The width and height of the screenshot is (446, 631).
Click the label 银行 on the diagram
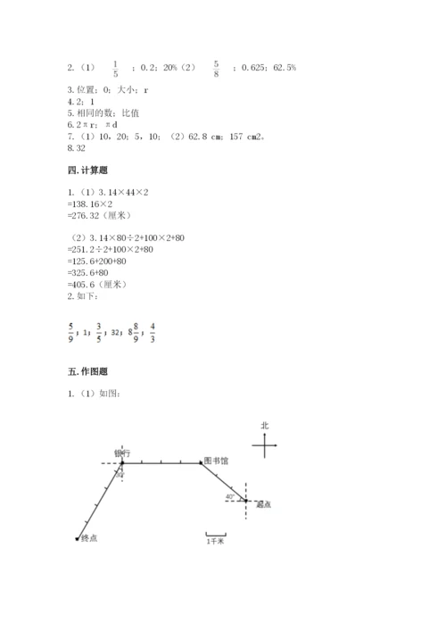[x=123, y=452]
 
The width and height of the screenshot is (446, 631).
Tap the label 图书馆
[x=217, y=461]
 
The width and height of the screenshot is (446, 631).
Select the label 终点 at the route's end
[x=89, y=538]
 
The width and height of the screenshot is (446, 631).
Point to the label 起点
[x=262, y=504]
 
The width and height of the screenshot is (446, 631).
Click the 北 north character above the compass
[x=265, y=425]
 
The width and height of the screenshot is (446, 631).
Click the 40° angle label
[x=229, y=496]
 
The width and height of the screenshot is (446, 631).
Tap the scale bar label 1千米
[x=215, y=542]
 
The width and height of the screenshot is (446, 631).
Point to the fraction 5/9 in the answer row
[x=71, y=333]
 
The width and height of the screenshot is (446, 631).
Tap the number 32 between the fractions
[x=116, y=334]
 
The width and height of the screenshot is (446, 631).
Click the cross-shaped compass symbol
[x=265, y=445]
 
